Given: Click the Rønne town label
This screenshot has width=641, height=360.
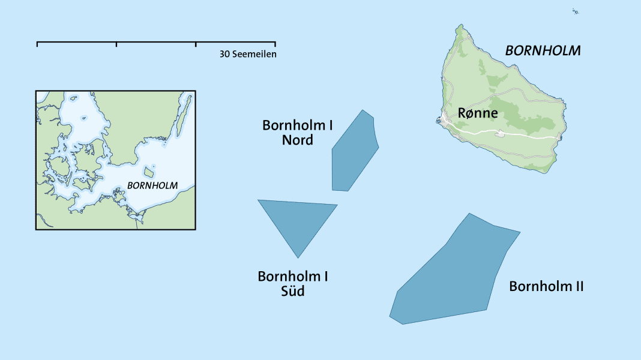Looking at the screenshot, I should point(477,113).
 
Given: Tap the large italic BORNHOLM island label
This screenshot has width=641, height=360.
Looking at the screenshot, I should point(543,51).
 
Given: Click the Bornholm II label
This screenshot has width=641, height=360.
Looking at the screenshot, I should point(546,286).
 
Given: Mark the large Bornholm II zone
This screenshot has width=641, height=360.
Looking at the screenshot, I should point(456,270).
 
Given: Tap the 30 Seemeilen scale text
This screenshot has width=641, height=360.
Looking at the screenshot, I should point(248,54).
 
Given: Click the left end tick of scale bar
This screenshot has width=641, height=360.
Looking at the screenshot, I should point(37,44).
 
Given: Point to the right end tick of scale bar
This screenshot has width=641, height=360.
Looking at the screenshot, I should point(275,44).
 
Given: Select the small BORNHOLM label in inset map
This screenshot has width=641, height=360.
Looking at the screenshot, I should point(152,185).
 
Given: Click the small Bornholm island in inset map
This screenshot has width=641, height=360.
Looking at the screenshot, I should point(148,173).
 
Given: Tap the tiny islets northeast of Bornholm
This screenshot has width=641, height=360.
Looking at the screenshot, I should point(575,11).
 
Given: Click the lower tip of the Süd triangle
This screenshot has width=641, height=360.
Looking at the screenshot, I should point(298,257).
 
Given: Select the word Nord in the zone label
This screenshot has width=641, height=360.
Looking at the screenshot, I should point(297,140).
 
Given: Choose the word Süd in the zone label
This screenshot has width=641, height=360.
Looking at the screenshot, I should point(293,292).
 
